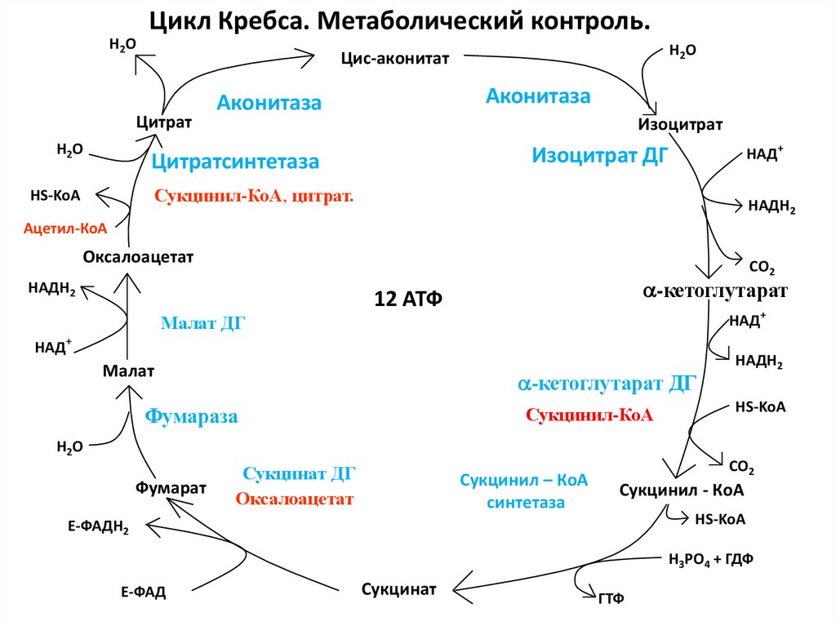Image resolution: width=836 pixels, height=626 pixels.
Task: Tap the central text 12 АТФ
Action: click(407, 298)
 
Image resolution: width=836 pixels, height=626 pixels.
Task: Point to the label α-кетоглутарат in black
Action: click(715, 291)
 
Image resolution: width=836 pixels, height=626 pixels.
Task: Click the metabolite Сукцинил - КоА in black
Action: click(682, 491)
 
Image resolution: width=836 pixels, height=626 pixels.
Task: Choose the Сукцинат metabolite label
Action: click(399, 588)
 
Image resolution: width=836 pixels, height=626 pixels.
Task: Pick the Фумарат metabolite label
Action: click(171, 487)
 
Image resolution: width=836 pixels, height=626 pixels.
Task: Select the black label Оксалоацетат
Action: click(138, 258)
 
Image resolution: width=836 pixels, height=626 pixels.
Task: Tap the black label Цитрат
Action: click(163, 122)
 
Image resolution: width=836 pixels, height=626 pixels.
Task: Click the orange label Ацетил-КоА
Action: click(65, 229)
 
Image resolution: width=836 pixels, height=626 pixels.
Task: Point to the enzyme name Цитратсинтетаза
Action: click(235, 162)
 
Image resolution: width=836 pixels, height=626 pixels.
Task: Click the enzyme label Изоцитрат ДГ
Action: click(600, 155)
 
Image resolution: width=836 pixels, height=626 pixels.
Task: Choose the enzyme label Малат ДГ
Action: click(203, 323)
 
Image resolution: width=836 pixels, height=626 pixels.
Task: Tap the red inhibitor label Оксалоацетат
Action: click(295, 499)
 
